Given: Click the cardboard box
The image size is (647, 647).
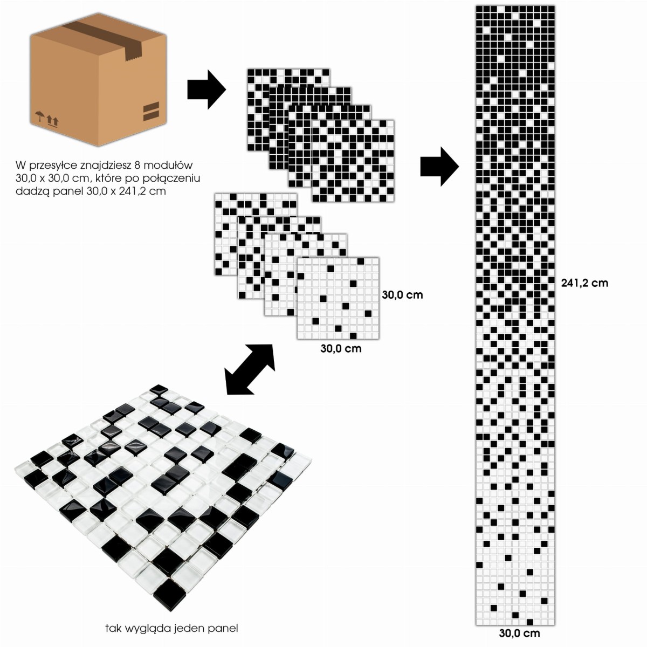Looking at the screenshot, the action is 98,79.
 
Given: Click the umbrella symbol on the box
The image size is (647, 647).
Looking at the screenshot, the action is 39,116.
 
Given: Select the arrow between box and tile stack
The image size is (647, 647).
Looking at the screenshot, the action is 207,90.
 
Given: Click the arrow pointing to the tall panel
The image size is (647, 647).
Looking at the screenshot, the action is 439,167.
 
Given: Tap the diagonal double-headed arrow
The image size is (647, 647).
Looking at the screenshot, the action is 250,369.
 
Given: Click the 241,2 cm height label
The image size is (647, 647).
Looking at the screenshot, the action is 584,283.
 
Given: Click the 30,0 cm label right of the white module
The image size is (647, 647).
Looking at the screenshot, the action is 402,295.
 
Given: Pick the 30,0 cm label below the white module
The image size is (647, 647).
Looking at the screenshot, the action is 341,348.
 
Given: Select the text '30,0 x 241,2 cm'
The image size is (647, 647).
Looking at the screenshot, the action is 126,191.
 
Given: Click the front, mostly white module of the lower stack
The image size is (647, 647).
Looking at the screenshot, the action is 338,298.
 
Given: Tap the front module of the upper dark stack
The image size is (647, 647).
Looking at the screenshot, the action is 353,161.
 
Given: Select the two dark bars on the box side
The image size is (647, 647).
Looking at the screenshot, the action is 151,112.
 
